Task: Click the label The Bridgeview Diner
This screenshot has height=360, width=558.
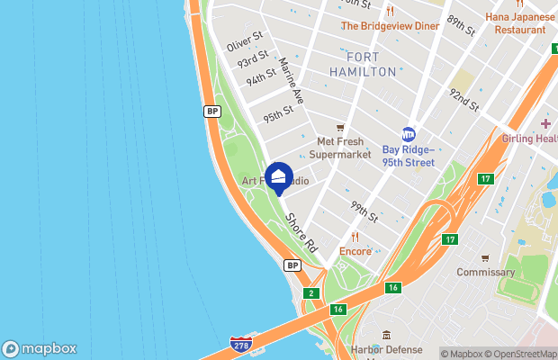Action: tap(390, 26)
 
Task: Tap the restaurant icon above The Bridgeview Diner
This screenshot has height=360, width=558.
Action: tap(390, 12)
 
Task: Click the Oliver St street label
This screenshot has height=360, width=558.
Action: tap(243, 44)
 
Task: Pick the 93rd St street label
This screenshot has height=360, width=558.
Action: tap(254, 61)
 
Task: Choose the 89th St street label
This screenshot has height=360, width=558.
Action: tap(462, 25)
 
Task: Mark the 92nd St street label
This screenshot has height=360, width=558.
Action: tap(464, 99)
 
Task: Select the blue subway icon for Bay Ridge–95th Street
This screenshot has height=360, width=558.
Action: tap(408, 133)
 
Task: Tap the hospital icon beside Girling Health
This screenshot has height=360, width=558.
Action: tap(545, 122)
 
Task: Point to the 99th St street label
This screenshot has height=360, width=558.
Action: tap(364, 213)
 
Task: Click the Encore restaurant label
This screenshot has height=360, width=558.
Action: tap(355, 251)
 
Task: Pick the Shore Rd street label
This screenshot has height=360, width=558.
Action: tap(301, 231)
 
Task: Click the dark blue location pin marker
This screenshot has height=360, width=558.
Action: tap(279, 176)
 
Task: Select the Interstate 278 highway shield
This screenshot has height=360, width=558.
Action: tap(240, 346)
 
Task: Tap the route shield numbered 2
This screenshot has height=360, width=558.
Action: tap(311, 293)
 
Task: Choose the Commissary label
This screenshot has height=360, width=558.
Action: tap(485, 272)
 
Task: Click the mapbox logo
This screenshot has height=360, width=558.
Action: tap(40, 349)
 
